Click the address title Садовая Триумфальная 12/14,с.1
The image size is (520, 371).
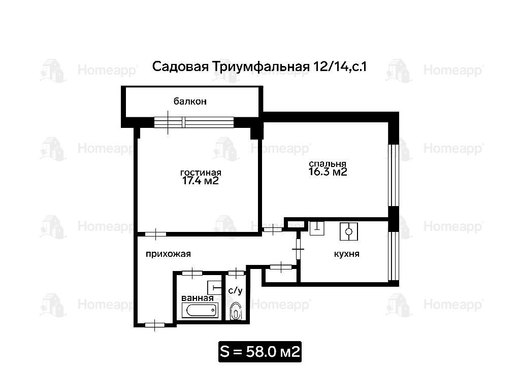[x=259, y=67]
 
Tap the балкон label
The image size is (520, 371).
[x=190, y=101]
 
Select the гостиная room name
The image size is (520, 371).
[x=201, y=173]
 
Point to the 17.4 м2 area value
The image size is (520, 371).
[x=201, y=181]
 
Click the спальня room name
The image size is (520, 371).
[x=328, y=164]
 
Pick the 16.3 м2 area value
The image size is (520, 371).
[x=328, y=172]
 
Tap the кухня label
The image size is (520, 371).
[x=346, y=254]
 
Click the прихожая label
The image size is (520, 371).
[x=168, y=254]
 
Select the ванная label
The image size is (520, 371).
[x=198, y=298]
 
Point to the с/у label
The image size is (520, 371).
[x=236, y=291]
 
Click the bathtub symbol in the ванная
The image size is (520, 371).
[x=200, y=310]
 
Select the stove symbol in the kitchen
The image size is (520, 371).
[x=348, y=231]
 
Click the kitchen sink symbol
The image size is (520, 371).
[x=317, y=228]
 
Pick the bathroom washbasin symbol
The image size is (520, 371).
[x=214, y=287]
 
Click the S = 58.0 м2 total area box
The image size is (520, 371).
[x=260, y=351]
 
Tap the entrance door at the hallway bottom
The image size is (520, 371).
[x=155, y=325]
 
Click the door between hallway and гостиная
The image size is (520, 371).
[x=155, y=234]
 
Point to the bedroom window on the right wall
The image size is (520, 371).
[x=394, y=175]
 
